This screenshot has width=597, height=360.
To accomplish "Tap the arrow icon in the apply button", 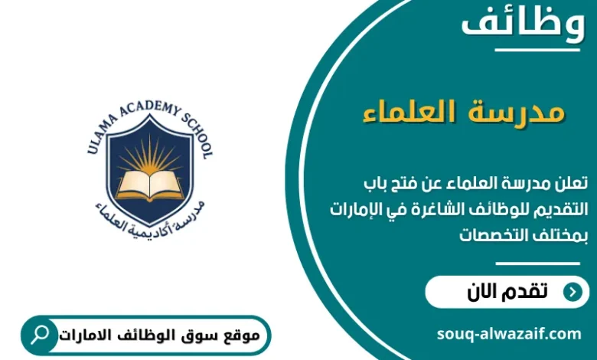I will coord(571,292).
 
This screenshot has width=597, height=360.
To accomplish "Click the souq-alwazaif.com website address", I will coord(508,334).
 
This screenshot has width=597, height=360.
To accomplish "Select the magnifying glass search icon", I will coord(41,335).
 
